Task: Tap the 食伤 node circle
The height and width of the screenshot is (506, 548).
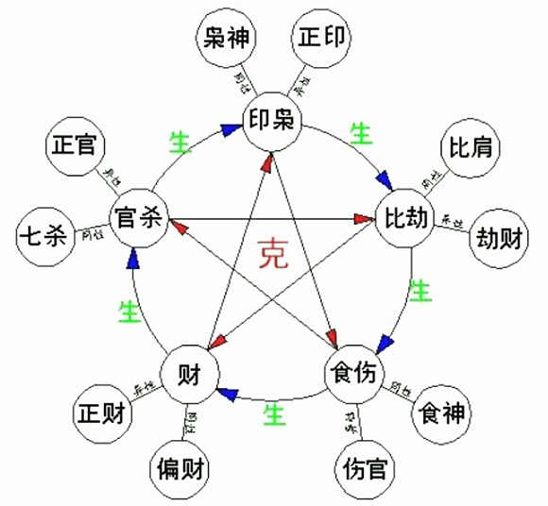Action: click(352, 372)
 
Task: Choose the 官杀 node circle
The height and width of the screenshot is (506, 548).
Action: click(137, 219)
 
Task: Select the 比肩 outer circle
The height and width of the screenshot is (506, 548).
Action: click(469, 148)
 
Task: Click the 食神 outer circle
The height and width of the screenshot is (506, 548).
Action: click(443, 412)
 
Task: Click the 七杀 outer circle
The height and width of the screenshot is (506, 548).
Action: click(44, 236)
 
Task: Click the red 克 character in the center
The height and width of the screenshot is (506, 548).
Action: click(274, 253)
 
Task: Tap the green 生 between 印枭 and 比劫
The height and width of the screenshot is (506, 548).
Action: click(360, 133)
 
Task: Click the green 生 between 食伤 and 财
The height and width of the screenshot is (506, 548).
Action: click(274, 413)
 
